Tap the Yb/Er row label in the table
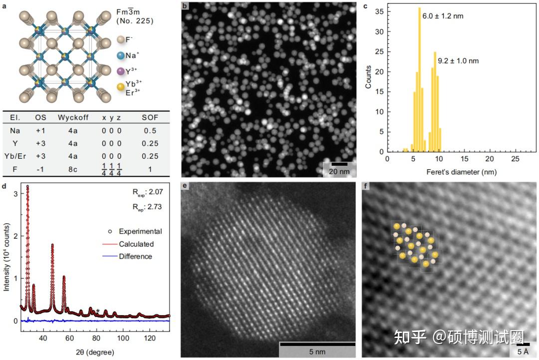pyautogui.click(x=15, y=156)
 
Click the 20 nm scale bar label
pyautogui.click(x=339, y=171)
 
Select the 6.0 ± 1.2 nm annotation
pyautogui.click(x=443, y=16)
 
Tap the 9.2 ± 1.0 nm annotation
pyautogui.click(x=458, y=61)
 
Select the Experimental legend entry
pyautogui.click(x=140, y=231)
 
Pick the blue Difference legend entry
pyautogui.click(x=135, y=257)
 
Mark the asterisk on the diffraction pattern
pyautogui.click(x=98, y=311)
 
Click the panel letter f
pyautogui.click(x=367, y=187)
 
